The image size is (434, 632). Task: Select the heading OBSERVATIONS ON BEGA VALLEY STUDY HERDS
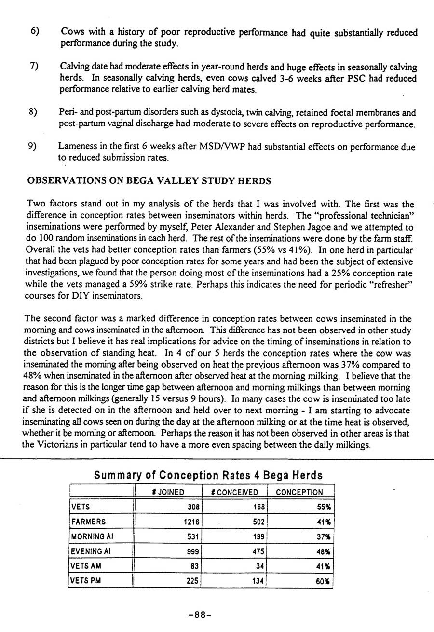(x=149, y=181)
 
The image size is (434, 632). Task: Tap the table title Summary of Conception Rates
(x=208, y=475)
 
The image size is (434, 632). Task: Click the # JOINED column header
(x=168, y=492)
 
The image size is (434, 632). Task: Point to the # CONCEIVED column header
(x=235, y=492)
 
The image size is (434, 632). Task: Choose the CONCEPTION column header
(x=299, y=492)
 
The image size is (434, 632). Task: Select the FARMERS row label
(x=88, y=522)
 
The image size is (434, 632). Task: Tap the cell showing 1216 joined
(x=191, y=522)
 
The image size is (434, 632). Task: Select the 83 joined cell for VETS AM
(x=194, y=566)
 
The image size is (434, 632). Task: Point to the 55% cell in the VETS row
(x=323, y=507)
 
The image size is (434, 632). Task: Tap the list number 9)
(x=35, y=146)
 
